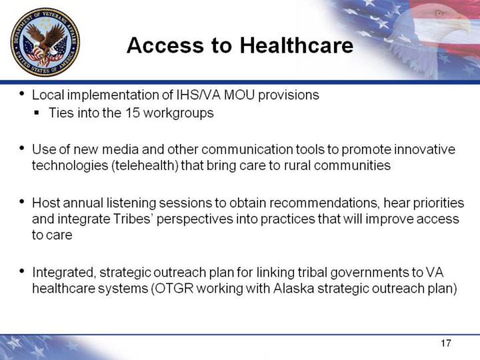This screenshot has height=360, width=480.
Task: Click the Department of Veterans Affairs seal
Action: [x=45, y=42]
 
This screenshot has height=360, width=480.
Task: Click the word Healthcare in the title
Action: [x=296, y=45]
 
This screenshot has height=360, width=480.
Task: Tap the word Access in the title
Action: [x=165, y=45]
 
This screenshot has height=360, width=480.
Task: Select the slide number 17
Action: [x=446, y=343]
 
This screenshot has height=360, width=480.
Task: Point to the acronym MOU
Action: [x=239, y=95]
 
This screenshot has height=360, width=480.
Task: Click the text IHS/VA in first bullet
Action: [x=199, y=95]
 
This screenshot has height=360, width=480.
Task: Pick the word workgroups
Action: [x=178, y=113]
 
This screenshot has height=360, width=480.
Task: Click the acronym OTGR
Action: [x=173, y=289]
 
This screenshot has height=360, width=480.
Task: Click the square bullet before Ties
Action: [x=37, y=113]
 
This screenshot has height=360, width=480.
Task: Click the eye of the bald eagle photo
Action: [x=439, y=13]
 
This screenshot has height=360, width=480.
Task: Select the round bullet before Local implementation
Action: [x=21, y=93]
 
